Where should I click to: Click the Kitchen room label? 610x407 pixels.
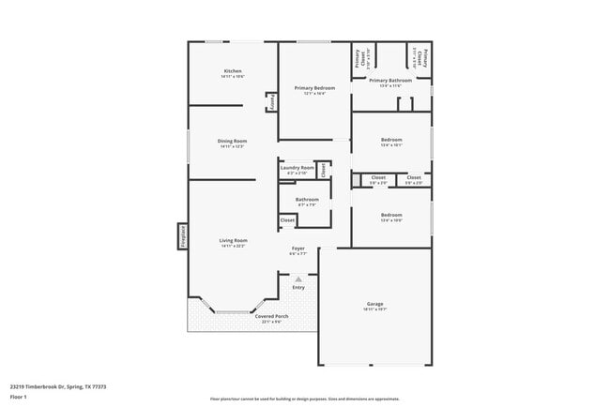[233, 71]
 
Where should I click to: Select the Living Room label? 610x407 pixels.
[233, 241]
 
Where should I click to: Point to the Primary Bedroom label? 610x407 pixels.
[314, 88]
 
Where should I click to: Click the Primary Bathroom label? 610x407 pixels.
[390, 81]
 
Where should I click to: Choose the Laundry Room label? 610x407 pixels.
[297, 168]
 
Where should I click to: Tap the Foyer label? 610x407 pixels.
[298, 248]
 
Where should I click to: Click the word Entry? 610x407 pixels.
[298, 287]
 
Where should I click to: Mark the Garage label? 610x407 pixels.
[375, 303]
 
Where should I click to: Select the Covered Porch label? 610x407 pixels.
[272, 316]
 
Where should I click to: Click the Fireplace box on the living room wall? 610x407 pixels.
[183, 236]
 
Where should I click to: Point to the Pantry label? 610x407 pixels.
[273, 102]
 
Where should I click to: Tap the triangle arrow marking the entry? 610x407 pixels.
[298, 279]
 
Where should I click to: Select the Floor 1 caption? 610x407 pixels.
[19, 398]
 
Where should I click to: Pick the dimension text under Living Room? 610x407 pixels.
[233, 247]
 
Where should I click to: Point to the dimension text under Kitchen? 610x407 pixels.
[233, 77]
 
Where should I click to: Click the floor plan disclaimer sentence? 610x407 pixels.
[305, 399]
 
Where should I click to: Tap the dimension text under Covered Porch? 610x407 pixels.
[272, 322]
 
